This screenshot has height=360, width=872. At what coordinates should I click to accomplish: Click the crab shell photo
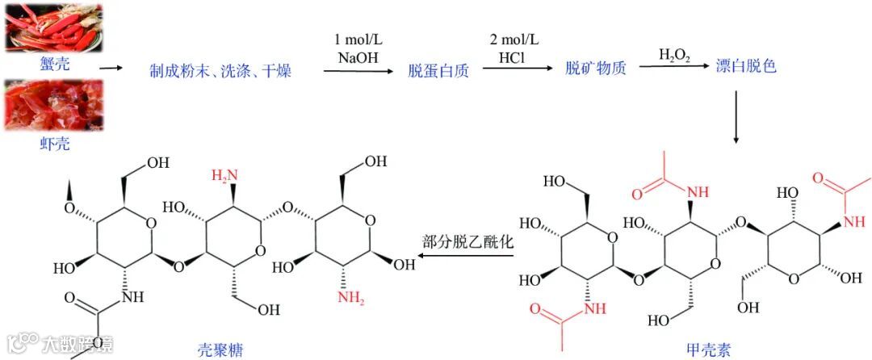tap(54, 27)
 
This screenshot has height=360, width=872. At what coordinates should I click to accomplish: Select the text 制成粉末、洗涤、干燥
tap(220, 71)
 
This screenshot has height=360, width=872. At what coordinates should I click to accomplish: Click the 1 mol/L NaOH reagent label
tap(358, 48)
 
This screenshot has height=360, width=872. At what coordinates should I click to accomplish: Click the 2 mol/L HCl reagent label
tap(514, 48)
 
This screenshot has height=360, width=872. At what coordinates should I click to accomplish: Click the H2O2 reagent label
tap(674, 55)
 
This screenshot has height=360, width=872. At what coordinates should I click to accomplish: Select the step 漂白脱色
tap(746, 67)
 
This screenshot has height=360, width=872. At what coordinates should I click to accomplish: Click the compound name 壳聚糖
tap(220, 350)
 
